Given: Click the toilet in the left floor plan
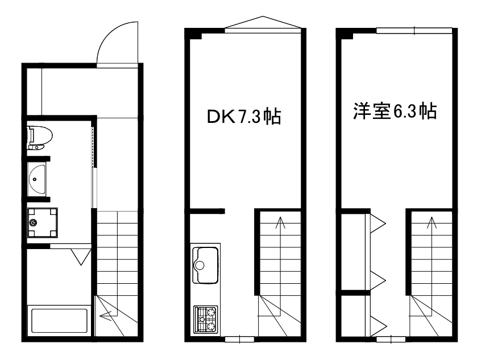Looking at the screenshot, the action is pos(40,138).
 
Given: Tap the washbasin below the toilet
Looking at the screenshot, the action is pos(37,179).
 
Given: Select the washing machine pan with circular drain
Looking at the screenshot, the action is pos(42,223).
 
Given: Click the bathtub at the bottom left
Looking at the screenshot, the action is pos(59,321).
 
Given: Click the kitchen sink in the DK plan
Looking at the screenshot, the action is pos(206,265).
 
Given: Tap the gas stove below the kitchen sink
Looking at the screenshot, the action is pos(206,319).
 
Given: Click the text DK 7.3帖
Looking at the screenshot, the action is pos(243,117).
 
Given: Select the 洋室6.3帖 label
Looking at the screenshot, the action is pos(395,111).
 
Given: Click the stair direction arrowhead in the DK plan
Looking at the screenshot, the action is pos(280,222).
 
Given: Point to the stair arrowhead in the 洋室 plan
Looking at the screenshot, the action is pos(432,222).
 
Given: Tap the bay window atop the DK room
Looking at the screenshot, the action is pos(263,24).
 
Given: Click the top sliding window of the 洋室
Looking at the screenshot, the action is pos(414,31).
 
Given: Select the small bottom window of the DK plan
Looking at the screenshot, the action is pos(240,339).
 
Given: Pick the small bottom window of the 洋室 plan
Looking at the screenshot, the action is pos(391,339).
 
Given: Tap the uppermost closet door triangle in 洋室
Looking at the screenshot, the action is pos(378,224).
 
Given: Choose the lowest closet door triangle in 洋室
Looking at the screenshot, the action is pos(378,326).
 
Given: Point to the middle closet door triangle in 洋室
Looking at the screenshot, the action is pos(378,280).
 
